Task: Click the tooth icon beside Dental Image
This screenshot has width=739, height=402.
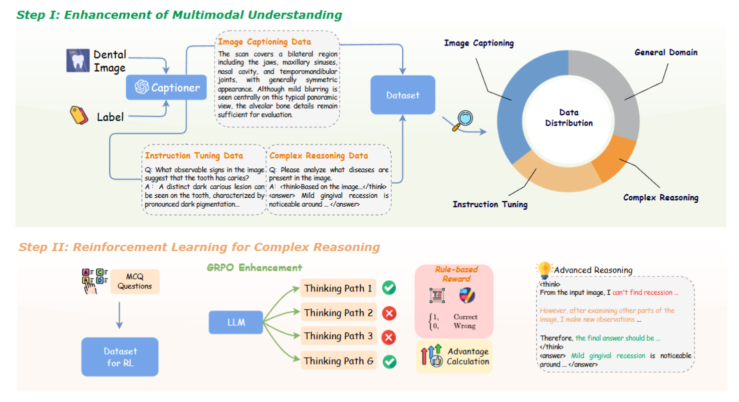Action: pyautogui.click(x=78, y=61)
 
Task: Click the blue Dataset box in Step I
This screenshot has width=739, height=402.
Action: pyautogui.click(x=395, y=94)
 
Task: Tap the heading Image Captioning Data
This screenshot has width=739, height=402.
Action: pyautogui.click(x=265, y=42)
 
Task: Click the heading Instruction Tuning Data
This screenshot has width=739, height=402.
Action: pyautogui.click(x=194, y=156)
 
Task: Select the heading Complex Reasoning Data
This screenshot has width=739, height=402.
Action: pyautogui.click(x=318, y=156)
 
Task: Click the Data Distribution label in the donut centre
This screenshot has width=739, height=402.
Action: pyautogui.click(x=569, y=118)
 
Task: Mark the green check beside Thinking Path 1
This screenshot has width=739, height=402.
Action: pyautogui.click(x=389, y=288)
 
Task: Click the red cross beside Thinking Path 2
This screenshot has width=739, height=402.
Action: pyautogui.click(x=389, y=313)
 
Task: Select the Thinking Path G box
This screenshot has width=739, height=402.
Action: pyautogui.click(x=338, y=360)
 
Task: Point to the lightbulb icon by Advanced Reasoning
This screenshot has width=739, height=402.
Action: pyautogui.click(x=544, y=269)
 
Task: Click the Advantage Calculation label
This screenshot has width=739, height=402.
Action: pyautogui.click(x=468, y=356)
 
